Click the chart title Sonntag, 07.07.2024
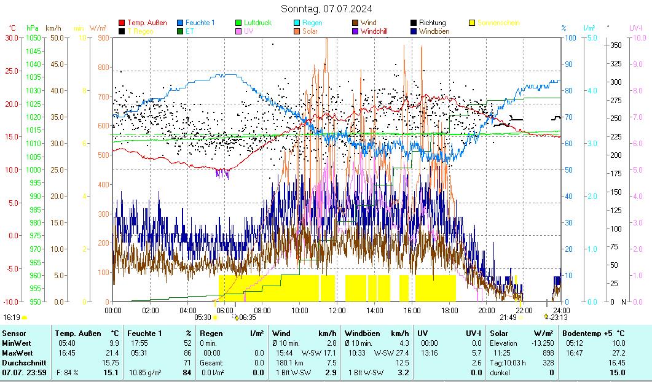click(x=326, y=9)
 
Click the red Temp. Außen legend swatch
click(x=122, y=23)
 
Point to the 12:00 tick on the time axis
click(x=337, y=310)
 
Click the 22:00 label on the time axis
click(x=524, y=310)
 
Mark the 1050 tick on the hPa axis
click(x=33, y=37)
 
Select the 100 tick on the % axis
click(x=570, y=37)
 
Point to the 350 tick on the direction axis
click(x=615, y=45)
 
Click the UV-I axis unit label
click(x=635, y=28)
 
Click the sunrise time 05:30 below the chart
click(x=202, y=318)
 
